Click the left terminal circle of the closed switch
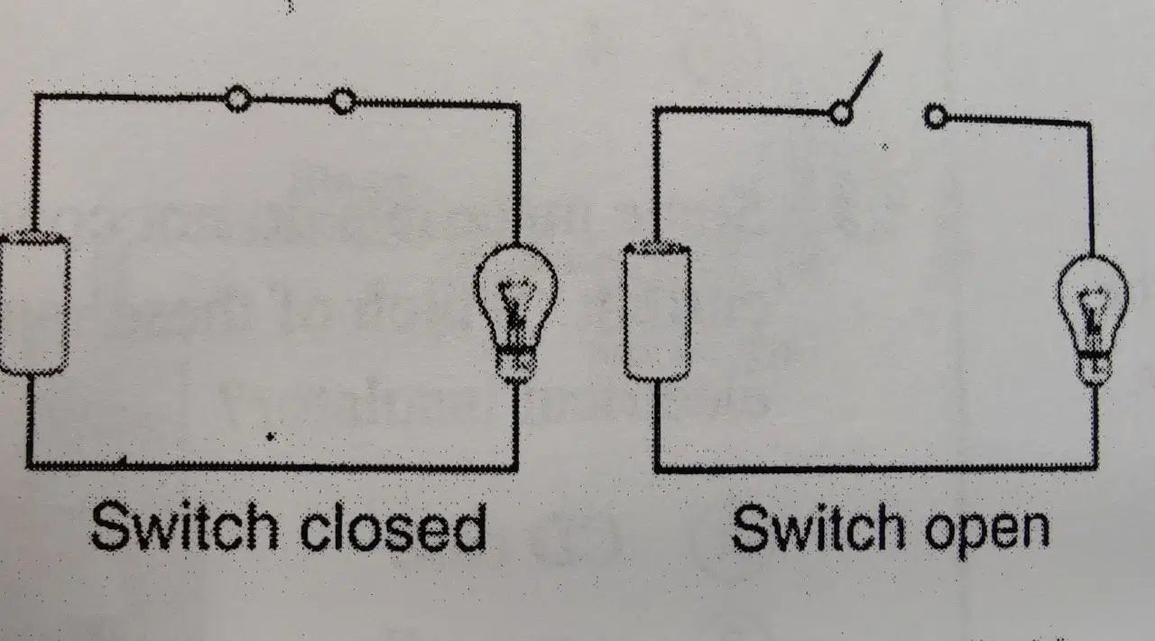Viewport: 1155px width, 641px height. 237,98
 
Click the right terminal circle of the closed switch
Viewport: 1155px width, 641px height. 342,100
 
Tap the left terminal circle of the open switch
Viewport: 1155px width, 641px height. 841,113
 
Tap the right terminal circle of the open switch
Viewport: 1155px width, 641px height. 936,116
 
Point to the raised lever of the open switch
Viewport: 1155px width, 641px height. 864,79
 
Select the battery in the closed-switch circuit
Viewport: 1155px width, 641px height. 33,304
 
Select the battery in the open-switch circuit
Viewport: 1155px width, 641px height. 657,313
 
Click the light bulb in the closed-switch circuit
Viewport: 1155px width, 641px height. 515,313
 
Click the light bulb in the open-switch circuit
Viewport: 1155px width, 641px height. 1093,320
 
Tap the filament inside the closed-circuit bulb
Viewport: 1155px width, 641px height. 515,304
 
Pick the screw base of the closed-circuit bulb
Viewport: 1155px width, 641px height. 514,365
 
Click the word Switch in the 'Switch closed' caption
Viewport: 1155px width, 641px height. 185,526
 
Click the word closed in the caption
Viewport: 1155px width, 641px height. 393,527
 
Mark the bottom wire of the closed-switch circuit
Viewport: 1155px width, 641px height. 273,467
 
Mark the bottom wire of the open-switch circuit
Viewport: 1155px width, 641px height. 876,469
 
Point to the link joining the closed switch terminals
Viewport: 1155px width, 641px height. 291,99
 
